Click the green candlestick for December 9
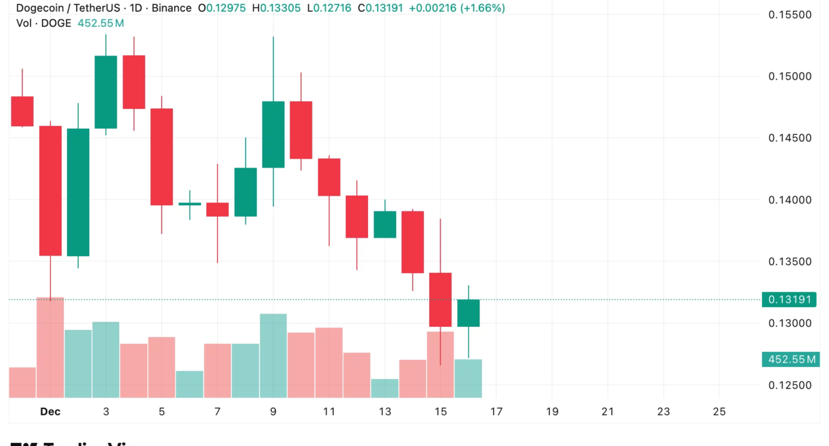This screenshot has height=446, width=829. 273,134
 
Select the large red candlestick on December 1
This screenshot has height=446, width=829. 50,191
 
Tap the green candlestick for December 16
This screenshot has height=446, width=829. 469,313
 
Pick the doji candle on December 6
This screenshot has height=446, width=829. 189,204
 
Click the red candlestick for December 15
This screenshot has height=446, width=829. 441,299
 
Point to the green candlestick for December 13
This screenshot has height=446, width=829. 385,224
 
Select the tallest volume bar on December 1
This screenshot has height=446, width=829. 50,347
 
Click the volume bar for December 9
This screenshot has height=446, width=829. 273,356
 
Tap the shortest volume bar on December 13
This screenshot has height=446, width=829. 385,388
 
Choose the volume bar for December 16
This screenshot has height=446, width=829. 469,378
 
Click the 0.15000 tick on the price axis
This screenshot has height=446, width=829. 789,76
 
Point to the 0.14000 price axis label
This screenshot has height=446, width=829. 789,200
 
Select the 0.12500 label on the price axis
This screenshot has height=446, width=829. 789,385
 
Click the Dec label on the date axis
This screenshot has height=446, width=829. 50,412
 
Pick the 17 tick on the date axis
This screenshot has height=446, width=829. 496,412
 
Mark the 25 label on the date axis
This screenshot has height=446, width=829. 719,412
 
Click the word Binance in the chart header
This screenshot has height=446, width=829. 171,8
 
